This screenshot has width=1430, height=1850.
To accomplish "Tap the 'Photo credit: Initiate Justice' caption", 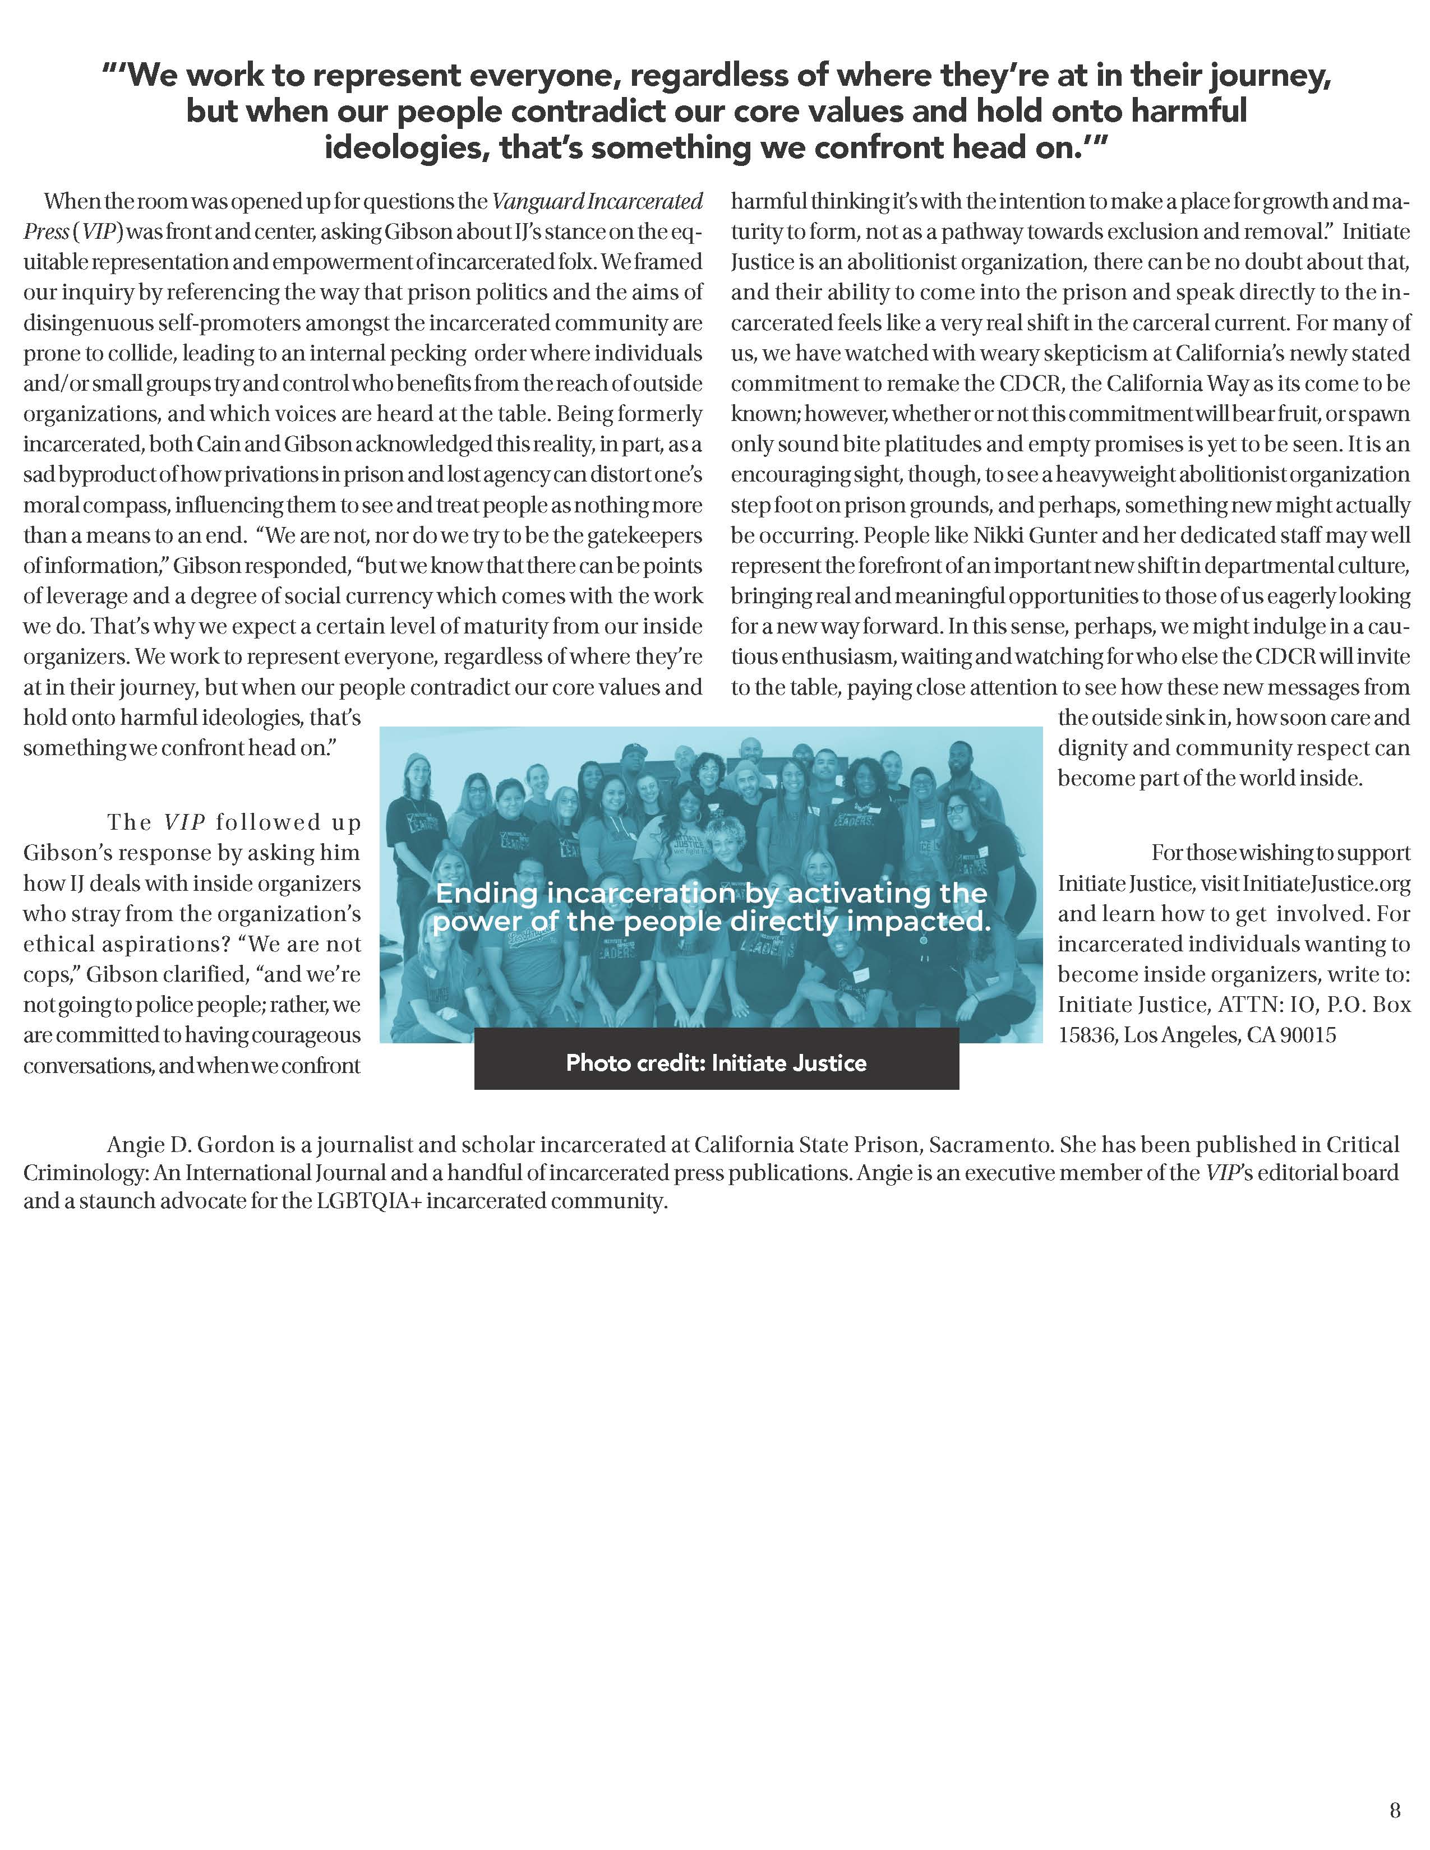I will (x=716, y=1062).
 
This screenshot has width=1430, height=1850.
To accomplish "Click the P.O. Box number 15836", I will (x=1087, y=1035).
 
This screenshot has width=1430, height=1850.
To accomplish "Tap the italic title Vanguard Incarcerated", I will (x=597, y=202).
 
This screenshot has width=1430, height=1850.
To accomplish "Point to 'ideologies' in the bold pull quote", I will (x=407, y=147).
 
